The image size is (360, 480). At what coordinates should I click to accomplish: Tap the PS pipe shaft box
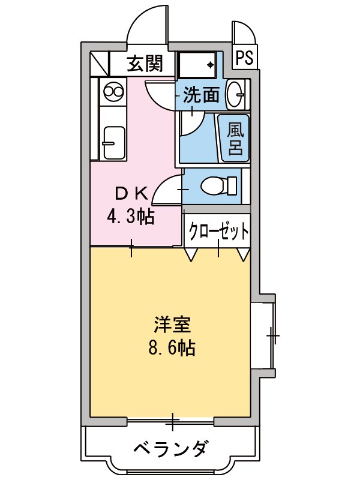click(244, 58)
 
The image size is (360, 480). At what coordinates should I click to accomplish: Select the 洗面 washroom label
click(201, 94)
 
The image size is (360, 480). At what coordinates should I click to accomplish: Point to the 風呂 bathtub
click(235, 139)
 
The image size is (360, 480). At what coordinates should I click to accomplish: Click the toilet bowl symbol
click(217, 186)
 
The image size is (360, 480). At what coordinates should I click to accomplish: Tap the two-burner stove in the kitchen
click(113, 92)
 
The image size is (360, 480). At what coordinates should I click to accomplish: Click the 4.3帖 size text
click(131, 215)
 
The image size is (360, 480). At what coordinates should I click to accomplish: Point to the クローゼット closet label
click(218, 231)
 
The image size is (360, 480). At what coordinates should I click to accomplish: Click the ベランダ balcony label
click(171, 449)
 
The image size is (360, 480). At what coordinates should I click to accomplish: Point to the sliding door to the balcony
click(172, 421)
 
